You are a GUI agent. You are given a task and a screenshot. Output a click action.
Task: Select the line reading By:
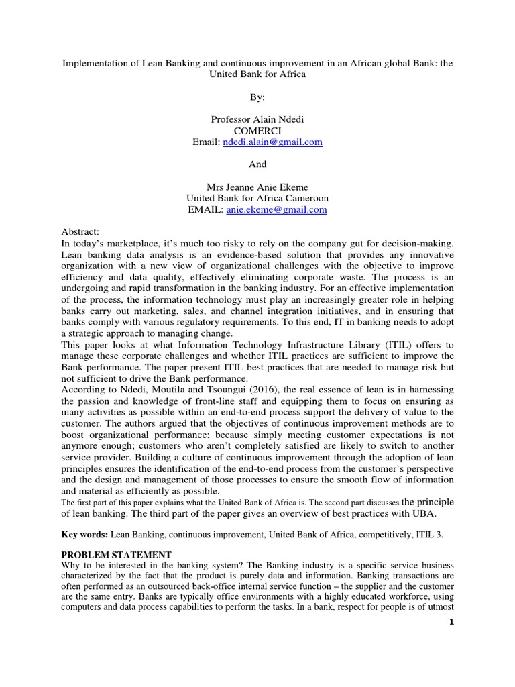point(257,97)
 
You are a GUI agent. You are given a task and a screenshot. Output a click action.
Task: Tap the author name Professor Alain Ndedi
point(257,119)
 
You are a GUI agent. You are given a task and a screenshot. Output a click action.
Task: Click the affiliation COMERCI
point(257,131)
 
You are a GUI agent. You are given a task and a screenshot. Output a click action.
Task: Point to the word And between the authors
point(257,164)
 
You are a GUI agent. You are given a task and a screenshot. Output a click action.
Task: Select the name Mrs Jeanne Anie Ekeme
point(257,187)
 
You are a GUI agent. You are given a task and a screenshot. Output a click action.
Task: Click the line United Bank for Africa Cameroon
point(257,199)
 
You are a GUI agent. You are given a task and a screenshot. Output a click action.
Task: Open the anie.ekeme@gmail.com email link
point(277,210)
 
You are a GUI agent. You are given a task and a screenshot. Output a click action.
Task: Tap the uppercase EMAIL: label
point(206,210)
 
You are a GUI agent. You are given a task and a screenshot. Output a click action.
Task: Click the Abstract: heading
point(80,231)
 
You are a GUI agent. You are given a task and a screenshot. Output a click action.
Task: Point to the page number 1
point(452,621)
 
